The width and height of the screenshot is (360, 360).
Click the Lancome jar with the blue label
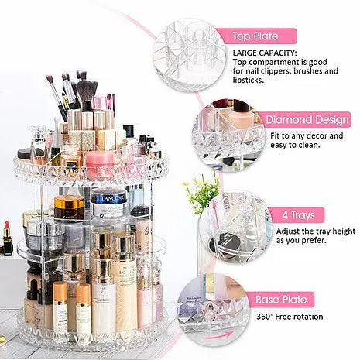pos(109,203)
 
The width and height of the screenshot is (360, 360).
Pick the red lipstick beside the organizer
pos(7,238)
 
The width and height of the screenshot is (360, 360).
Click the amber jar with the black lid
pos(69,207)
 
